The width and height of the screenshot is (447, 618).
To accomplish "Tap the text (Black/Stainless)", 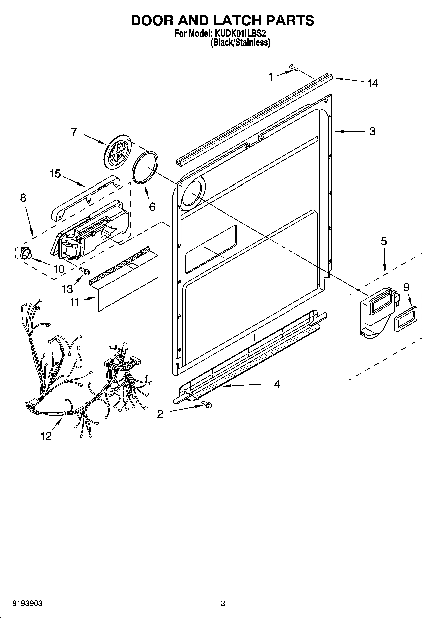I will (240, 42).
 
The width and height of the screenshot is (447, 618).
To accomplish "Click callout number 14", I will (373, 83).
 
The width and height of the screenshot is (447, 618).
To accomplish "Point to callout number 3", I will (372, 131).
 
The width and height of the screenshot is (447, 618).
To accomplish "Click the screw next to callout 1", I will (293, 68).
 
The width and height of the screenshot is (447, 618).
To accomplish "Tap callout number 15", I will (56, 174).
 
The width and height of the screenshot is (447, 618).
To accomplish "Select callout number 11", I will (74, 302).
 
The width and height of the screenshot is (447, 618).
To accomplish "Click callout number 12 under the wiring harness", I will (46, 436).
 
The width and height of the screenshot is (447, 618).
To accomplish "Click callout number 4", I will (277, 384).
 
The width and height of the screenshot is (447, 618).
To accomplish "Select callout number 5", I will (384, 241).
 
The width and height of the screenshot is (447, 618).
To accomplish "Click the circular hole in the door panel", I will (191, 194).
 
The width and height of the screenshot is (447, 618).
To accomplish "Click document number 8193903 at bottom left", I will (27, 603).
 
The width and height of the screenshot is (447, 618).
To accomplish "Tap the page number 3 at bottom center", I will (223, 603).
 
